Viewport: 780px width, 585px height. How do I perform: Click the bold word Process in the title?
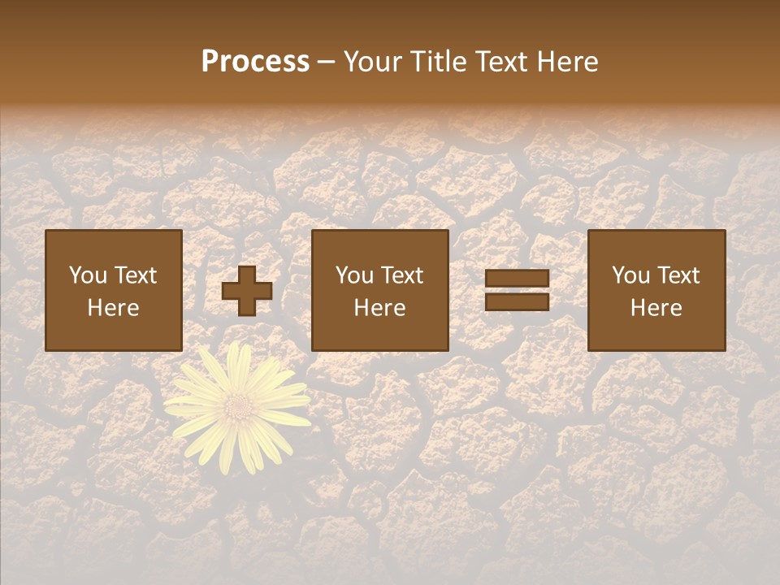(255, 62)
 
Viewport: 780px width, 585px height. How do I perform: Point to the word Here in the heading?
(569, 62)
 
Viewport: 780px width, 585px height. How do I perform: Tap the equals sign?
(517, 290)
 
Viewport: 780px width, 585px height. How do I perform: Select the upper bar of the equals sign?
(517, 279)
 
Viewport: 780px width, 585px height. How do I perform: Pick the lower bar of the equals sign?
(517, 301)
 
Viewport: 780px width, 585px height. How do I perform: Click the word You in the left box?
(87, 275)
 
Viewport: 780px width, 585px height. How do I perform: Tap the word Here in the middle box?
(379, 308)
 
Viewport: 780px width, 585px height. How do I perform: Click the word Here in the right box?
(656, 308)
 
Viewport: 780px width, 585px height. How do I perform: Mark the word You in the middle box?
(354, 275)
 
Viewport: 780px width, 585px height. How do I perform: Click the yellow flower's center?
(238, 404)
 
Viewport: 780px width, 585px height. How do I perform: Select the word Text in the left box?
(136, 275)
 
